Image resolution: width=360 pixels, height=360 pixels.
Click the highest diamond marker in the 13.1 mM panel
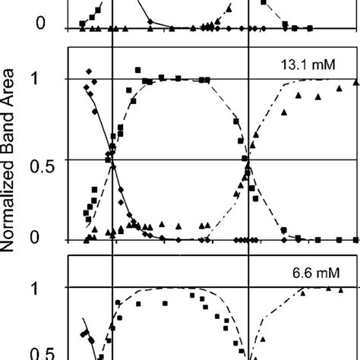(x=90, y=71)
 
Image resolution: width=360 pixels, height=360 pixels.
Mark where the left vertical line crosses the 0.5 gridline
(x=112, y=159)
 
